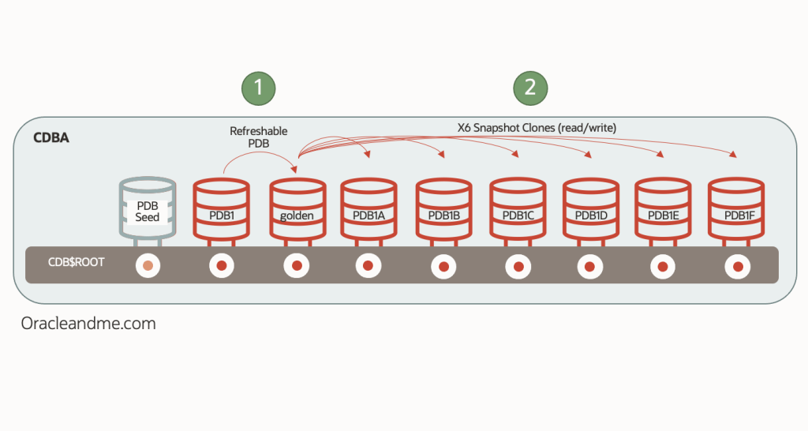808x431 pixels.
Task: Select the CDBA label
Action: pos(51,138)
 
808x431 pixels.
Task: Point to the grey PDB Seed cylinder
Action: pos(148,209)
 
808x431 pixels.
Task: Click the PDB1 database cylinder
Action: pos(221,209)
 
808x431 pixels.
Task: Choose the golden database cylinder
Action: pos(297,209)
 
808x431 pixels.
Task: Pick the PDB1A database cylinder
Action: pos(368,209)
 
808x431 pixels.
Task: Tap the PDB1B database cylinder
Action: pos(443,209)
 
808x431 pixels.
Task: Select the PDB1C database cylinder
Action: pos(517,209)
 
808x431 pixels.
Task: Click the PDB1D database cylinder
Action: pos(590,209)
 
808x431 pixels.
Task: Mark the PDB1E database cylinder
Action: pos(663,209)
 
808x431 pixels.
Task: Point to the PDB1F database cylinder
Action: pos(735,209)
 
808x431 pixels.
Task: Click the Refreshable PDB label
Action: pos(259,138)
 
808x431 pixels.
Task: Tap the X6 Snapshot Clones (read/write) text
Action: pos(527,126)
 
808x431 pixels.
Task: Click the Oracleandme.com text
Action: pos(88,324)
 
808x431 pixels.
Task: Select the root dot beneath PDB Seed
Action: pos(148,266)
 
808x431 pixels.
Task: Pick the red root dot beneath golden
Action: pos(297,266)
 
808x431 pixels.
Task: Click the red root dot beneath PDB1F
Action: pos(737,266)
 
